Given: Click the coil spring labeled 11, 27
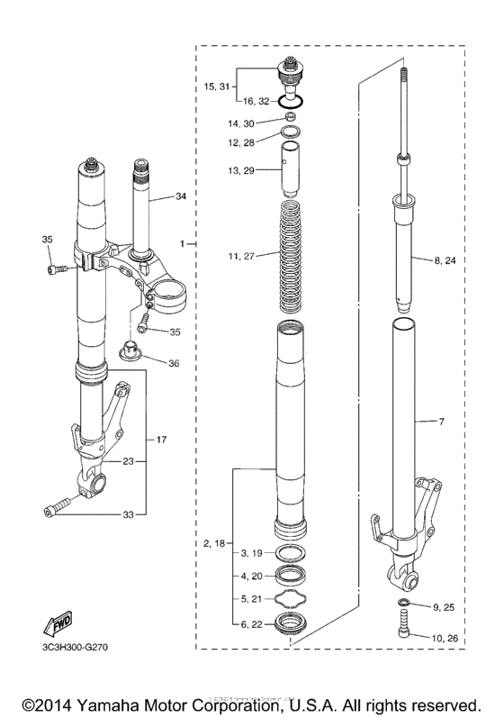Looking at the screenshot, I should coord(290,256).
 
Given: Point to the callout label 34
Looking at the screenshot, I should coord(181,196).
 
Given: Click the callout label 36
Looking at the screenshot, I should coord(173,363).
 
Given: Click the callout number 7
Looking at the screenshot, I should coord(442,422).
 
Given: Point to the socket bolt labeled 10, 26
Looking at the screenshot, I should coord(404,625).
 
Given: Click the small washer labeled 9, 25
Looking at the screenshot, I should coord(404,602).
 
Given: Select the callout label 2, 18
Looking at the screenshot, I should coord(217,543).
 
